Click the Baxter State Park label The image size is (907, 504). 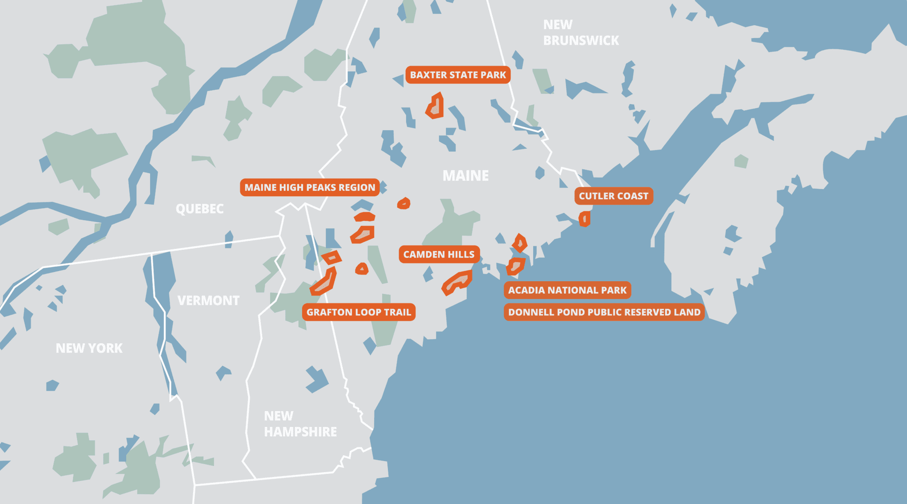point(458,75)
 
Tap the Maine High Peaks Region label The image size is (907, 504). point(310,187)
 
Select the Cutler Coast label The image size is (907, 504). point(613,196)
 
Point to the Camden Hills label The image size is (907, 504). point(438,254)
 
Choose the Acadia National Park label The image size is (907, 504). point(567,290)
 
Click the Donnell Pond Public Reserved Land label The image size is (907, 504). point(604,312)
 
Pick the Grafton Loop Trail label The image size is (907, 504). point(359,312)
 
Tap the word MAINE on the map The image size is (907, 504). point(465,176)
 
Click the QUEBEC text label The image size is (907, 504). point(199,209)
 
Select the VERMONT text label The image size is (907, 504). point(208,301)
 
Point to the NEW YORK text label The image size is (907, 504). point(89,348)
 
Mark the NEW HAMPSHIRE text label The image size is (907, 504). point(300,424)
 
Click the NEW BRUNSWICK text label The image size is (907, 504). point(581,32)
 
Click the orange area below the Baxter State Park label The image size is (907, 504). point(435,107)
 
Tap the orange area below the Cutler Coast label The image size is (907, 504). point(585,219)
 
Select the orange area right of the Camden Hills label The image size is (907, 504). point(457,282)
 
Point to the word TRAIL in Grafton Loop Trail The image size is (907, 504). point(397,312)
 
